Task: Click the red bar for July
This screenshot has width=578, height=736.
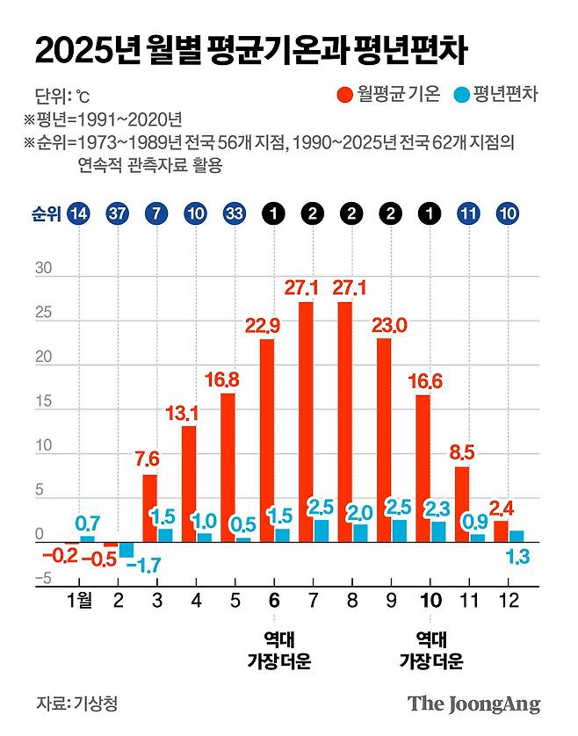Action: (306, 422)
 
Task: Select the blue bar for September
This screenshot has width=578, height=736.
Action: (399, 530)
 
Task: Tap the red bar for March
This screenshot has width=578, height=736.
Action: (150, 508)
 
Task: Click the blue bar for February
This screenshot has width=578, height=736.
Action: (126, 550)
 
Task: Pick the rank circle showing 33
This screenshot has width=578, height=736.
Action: (235, 213)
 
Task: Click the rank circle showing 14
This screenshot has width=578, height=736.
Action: (79, 213)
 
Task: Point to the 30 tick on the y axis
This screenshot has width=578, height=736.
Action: (44, 270)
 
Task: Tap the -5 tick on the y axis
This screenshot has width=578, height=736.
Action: (42, 579)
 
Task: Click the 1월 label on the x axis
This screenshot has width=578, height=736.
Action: (81, 603)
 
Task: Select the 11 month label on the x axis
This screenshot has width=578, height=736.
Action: (469, 603)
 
